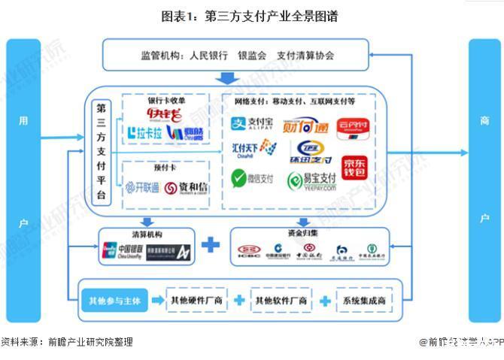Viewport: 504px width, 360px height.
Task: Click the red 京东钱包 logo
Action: [357, 167]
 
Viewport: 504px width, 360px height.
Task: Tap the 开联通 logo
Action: [142, 187]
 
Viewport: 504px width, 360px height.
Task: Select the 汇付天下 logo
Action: [254, 150]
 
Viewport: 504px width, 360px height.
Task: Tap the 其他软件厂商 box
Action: [281, 301]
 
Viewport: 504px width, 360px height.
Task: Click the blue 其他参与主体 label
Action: [114, 301]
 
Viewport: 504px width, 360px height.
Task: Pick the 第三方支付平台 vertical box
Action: [102, 153]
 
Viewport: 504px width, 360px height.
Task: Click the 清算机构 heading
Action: [147, 232]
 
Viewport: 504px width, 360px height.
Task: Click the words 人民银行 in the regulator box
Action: [208, 55]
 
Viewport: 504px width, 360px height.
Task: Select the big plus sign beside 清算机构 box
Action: [211, 244]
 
